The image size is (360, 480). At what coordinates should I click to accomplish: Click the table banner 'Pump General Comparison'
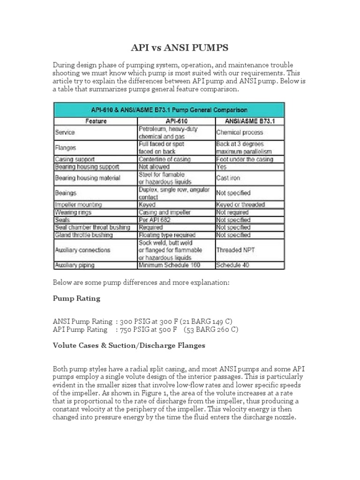169,110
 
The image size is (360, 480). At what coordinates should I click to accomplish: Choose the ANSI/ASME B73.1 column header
249,121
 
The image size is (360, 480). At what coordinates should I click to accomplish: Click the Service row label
65,133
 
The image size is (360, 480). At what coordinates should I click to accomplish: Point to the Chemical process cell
240,133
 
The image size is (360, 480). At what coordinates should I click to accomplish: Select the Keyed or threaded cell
240,204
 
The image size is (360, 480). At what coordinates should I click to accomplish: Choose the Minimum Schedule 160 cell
169,265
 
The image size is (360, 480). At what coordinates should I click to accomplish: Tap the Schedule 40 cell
232,265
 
